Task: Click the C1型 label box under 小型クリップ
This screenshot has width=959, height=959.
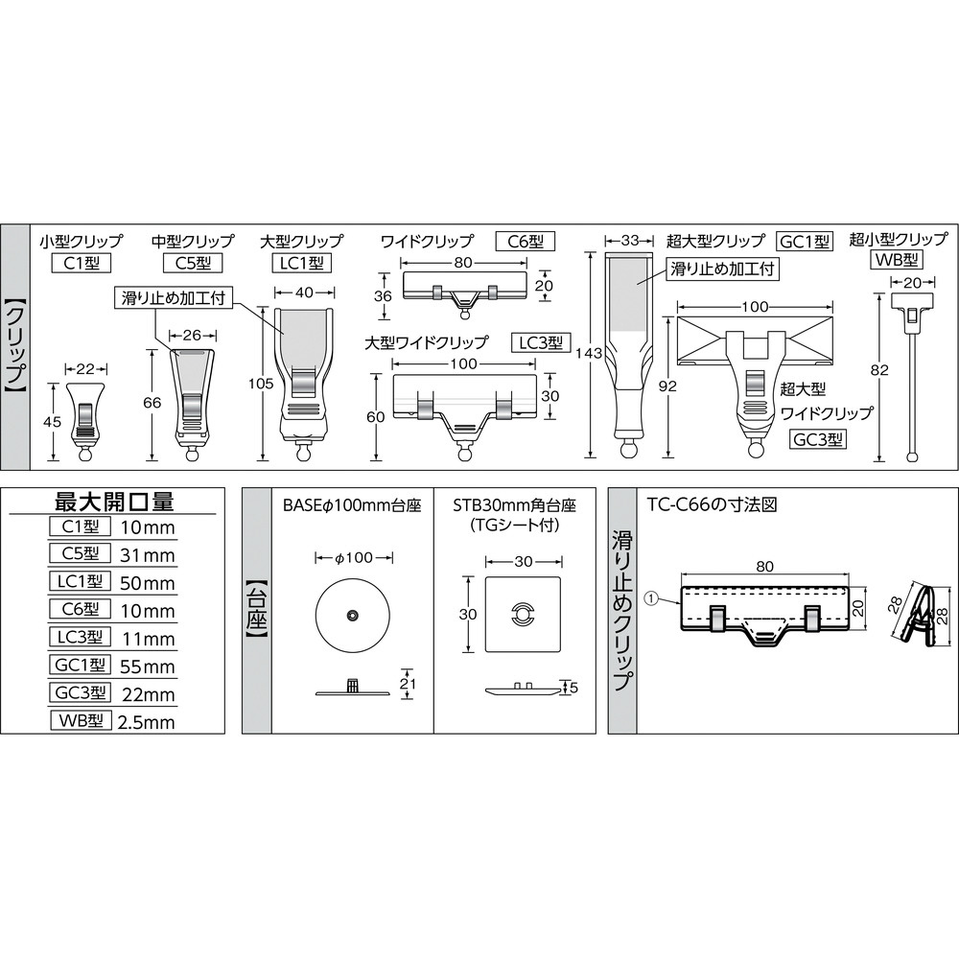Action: (x=81, y=264)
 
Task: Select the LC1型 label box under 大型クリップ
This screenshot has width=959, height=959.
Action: (x=301, y=264)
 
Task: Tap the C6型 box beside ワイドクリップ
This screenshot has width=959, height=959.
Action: (x=525, y=242)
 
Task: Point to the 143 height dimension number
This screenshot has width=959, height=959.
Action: (x=589, y=353)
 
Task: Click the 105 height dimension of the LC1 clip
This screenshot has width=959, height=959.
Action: (x=261, y=384)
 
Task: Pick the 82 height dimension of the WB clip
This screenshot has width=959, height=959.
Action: (x=879, y=370)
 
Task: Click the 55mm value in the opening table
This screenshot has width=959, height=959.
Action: (x=148, y=667)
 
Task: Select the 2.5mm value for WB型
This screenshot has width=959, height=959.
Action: (x=146, y=722)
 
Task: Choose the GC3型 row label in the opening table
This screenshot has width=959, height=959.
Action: (x=81, y=692)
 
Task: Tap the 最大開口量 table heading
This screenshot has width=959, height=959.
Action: (x=114, y=503)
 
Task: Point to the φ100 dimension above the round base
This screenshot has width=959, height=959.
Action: (x=354, y=558)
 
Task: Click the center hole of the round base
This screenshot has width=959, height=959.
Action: (x=353, y=615)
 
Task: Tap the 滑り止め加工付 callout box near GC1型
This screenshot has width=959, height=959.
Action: (x=722, y=269)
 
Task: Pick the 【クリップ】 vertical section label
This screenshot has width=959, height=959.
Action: (x=15, y=348)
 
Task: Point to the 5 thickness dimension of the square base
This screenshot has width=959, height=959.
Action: (x=573, y=688)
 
